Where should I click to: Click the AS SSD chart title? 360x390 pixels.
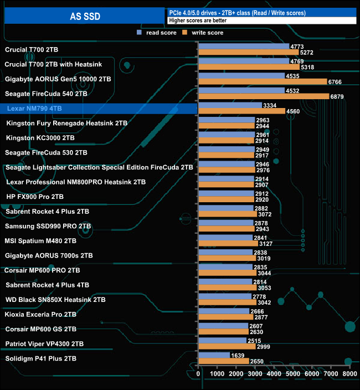pos(85,16)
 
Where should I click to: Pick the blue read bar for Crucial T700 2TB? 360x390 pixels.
pos(244,47)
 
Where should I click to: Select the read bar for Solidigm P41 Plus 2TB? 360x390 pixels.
pos(214,356)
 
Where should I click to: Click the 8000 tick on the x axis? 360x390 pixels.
pos(349,374)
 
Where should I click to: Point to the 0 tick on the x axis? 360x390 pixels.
pos(199,374)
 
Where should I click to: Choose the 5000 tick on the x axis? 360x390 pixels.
pos(293,374)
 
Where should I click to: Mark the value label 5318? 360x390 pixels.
pos(307,67)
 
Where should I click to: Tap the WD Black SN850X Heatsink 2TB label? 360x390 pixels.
pos(55,300)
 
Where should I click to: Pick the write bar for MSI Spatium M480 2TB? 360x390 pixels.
pos(228,244)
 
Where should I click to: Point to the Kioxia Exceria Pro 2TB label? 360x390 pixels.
pos(40,314)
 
